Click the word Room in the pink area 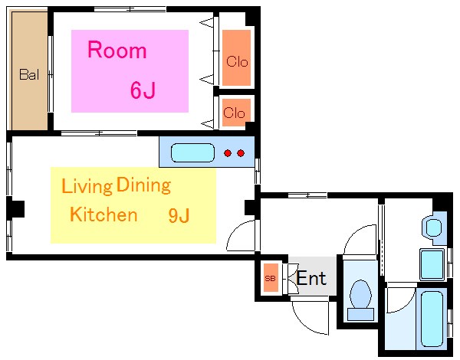(x=117, y=50)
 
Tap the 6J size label (x=143, y=90)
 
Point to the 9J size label (x=179, y=216)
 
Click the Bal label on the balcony (x=29, y=74)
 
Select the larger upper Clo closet (x=236, y=57)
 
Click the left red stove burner (x=228, y=153)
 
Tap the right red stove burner (x=241, y=153)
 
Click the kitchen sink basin (x=192, y=152)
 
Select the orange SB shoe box (x=271, y=277)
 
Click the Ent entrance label (x=311, y=278)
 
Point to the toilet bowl (x=361, y=294)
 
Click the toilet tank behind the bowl (x=361, y=314)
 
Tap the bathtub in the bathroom (x=432, y=319)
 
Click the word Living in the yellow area (x=87, y=186)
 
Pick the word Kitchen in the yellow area (x=103, y=214)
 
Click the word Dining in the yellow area (x=143, y=185)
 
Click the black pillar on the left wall (x=16, y=208)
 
